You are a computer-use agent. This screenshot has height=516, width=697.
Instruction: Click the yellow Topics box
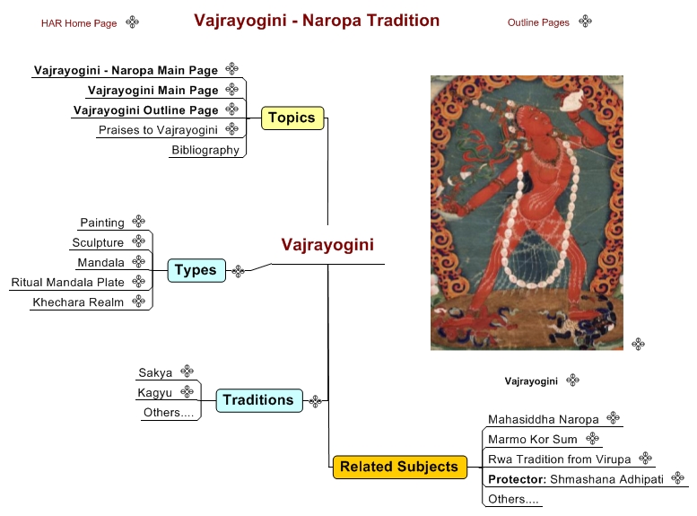292,118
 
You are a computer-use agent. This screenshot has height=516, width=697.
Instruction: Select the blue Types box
196,270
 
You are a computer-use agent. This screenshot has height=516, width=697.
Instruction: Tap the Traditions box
259,400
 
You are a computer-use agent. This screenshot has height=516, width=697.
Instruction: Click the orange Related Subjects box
399,467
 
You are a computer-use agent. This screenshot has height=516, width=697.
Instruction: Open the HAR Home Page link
79,23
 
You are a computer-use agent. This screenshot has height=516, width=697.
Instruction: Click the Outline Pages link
538,22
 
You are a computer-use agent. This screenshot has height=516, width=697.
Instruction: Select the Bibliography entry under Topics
205,150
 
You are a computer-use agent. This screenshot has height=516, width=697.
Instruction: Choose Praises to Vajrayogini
158,130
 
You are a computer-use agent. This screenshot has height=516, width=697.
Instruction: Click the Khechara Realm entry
78,302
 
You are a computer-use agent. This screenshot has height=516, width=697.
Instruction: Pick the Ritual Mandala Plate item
67,282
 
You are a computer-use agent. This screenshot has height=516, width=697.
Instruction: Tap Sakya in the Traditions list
155,372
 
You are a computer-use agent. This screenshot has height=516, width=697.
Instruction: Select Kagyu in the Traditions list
154,392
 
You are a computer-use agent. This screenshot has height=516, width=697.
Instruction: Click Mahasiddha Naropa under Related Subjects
544,419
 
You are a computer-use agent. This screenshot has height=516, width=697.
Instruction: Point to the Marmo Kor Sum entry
533,439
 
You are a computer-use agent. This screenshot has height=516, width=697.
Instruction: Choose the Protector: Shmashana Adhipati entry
576,479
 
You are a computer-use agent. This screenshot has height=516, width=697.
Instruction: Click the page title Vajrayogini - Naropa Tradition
317,21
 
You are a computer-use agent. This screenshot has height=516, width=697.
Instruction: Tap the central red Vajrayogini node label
327,245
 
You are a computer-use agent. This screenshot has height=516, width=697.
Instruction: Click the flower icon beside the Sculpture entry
139,241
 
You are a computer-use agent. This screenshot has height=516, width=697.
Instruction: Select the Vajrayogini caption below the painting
531,381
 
